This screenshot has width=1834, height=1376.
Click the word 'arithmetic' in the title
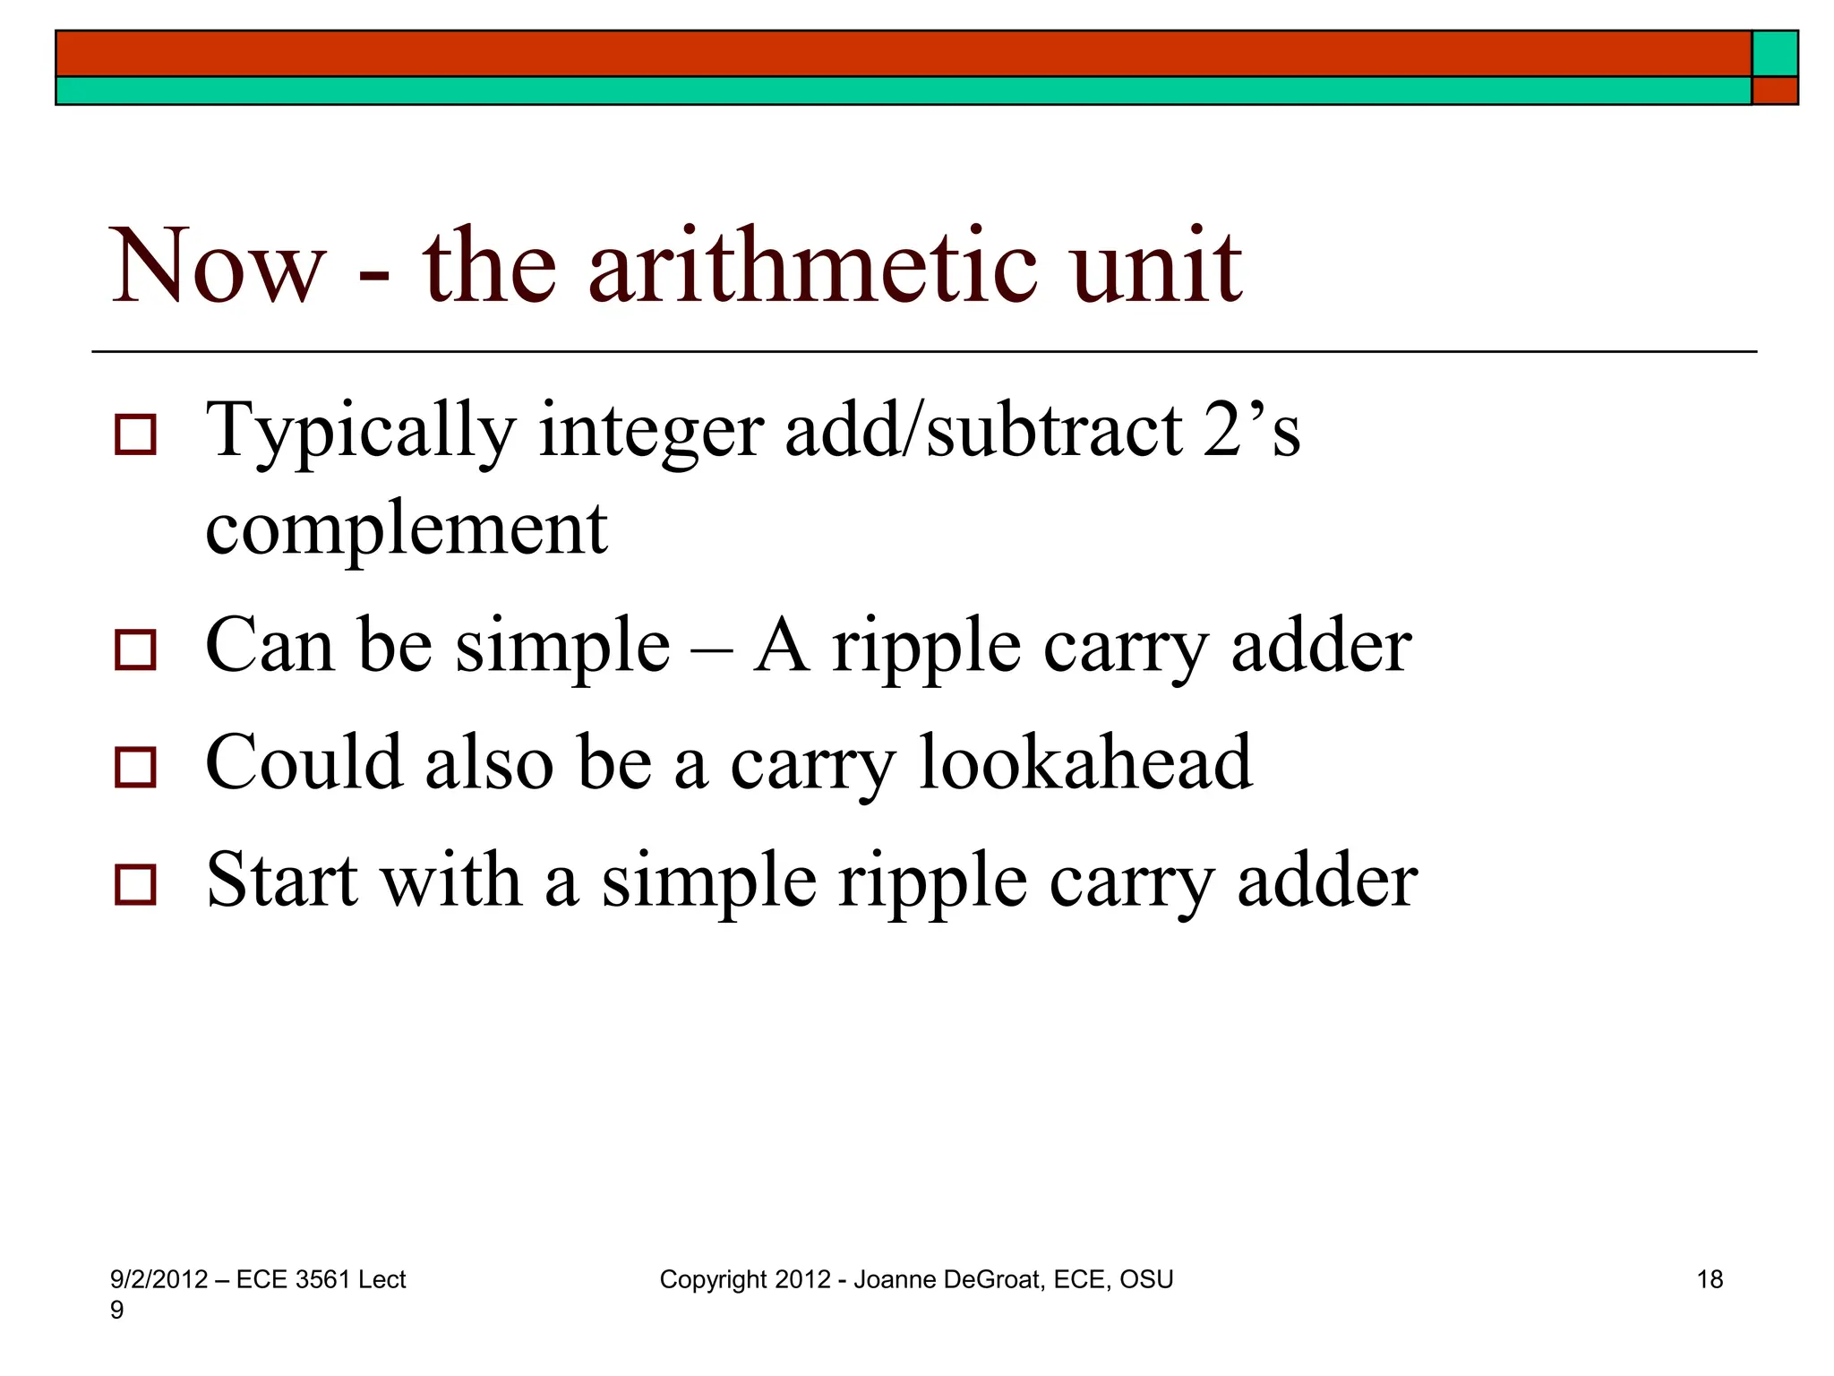(x=812, y=266)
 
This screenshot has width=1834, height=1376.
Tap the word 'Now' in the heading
(x=217, y=266)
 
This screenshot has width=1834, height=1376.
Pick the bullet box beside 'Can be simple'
(x=135, y=649)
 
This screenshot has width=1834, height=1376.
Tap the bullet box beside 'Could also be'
(x=135, y=767)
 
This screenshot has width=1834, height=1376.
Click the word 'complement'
(x=407, y=529)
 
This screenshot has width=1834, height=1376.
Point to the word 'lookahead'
(x=1085, y=762)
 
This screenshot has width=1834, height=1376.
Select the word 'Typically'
(x=361, y=432)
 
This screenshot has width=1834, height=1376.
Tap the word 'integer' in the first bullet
(x=651, y=432)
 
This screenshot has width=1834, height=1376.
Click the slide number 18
(x=1710, y=1279)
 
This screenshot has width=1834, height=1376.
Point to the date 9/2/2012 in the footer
(x=159, y=1279)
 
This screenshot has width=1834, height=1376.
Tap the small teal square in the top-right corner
(x=1774, y=54)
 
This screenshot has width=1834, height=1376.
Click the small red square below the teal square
(x=1774, y=90)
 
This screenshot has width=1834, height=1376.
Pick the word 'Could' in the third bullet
(x=304, y=762)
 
